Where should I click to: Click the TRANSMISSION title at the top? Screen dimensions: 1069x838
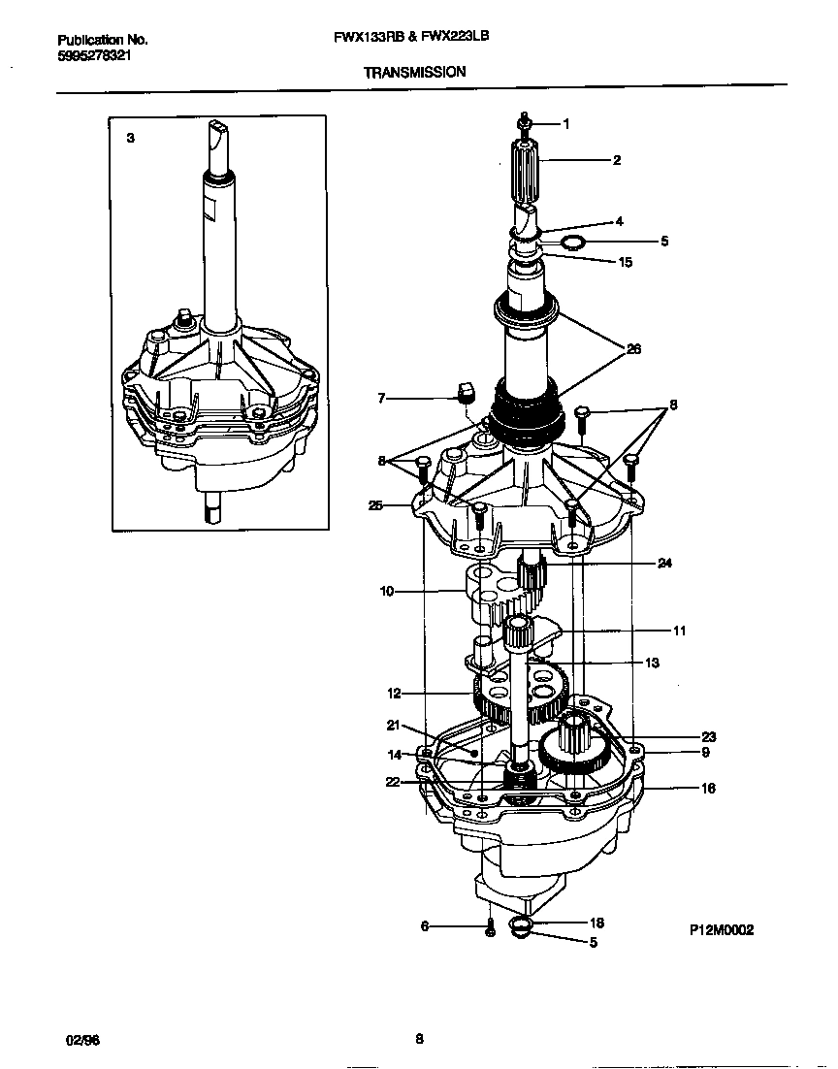(x=414, y=72)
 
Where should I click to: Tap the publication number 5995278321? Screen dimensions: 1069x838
(x=95, y=56)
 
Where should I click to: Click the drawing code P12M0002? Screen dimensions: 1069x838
(x=721, y=929)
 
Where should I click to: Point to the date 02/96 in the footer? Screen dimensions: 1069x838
(x=81, y=1040)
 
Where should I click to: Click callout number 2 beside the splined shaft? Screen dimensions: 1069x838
(x=616, y=160)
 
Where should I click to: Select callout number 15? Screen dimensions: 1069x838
(x=625, y=262)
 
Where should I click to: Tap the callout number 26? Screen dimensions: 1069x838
(x=633, y=349)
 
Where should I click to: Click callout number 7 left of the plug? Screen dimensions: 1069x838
(x=381, y=398)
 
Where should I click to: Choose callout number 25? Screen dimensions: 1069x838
(x=375, y=504)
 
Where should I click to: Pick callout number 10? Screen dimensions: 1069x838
(x=386, y=591)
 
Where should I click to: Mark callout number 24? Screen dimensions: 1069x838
(x=664, y=563)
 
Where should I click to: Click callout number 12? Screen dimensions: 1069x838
(x=394, y=694)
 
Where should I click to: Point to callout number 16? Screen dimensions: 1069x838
(x=708, y=789)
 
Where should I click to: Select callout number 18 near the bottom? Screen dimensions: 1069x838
(x=596, y=923)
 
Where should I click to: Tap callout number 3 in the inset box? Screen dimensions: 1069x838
(x=131, y=139)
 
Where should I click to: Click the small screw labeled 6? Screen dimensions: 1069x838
(x=491, y=927)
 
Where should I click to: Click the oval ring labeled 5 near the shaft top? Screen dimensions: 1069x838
(x=574, y=240)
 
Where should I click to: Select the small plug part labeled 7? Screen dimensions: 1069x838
(x=464, y=391)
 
